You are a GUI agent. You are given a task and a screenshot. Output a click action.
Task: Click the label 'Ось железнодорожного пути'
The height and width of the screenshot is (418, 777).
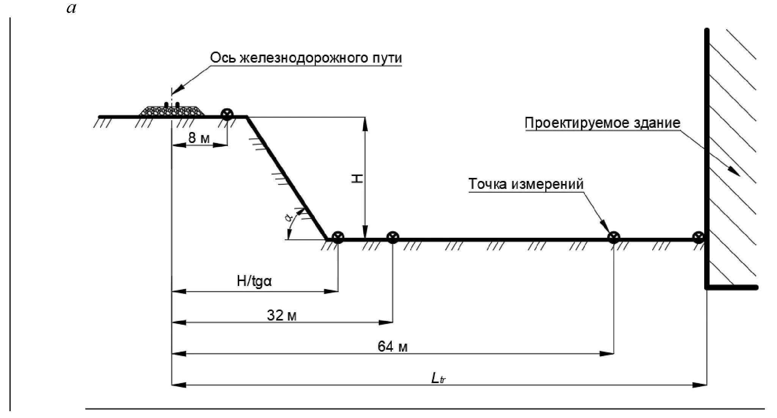coord(306,58)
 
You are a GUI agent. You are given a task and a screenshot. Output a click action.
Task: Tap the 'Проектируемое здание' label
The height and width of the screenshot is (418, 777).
coord(603,123)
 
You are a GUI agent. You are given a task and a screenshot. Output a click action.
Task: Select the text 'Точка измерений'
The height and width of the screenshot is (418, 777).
coord(526,184)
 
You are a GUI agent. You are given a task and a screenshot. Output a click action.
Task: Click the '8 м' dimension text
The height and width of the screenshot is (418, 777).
coord(199,138)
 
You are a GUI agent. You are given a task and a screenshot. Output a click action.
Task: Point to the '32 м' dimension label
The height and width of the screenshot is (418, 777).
coord(281,315)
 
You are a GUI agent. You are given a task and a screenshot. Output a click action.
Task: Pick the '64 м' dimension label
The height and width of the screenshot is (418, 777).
coord(392,346)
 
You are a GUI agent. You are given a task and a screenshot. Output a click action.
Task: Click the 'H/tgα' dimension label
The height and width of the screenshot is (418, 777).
coord(254,281)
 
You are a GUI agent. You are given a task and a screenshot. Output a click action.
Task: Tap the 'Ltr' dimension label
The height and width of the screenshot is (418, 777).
coord(438,378)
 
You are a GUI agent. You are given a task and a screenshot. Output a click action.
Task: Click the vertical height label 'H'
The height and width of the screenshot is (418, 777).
coord(358,179)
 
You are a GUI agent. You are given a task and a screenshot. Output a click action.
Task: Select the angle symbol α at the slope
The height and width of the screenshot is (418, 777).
coord(289,217)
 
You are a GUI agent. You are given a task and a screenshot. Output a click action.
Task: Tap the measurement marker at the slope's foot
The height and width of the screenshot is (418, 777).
coord(337,238)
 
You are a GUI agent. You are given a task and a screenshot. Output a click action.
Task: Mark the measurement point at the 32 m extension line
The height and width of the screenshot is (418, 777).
coord(392,238)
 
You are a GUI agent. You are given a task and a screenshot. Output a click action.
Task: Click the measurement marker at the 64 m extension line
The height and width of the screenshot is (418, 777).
coord(614,238)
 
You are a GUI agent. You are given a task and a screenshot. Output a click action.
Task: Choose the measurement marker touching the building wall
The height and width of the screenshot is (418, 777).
coord(698,238)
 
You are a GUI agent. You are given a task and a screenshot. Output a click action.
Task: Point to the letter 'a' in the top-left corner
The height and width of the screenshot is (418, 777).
coord(71,8)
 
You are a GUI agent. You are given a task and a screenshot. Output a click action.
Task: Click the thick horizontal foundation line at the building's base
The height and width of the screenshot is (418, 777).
coord(732,288)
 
